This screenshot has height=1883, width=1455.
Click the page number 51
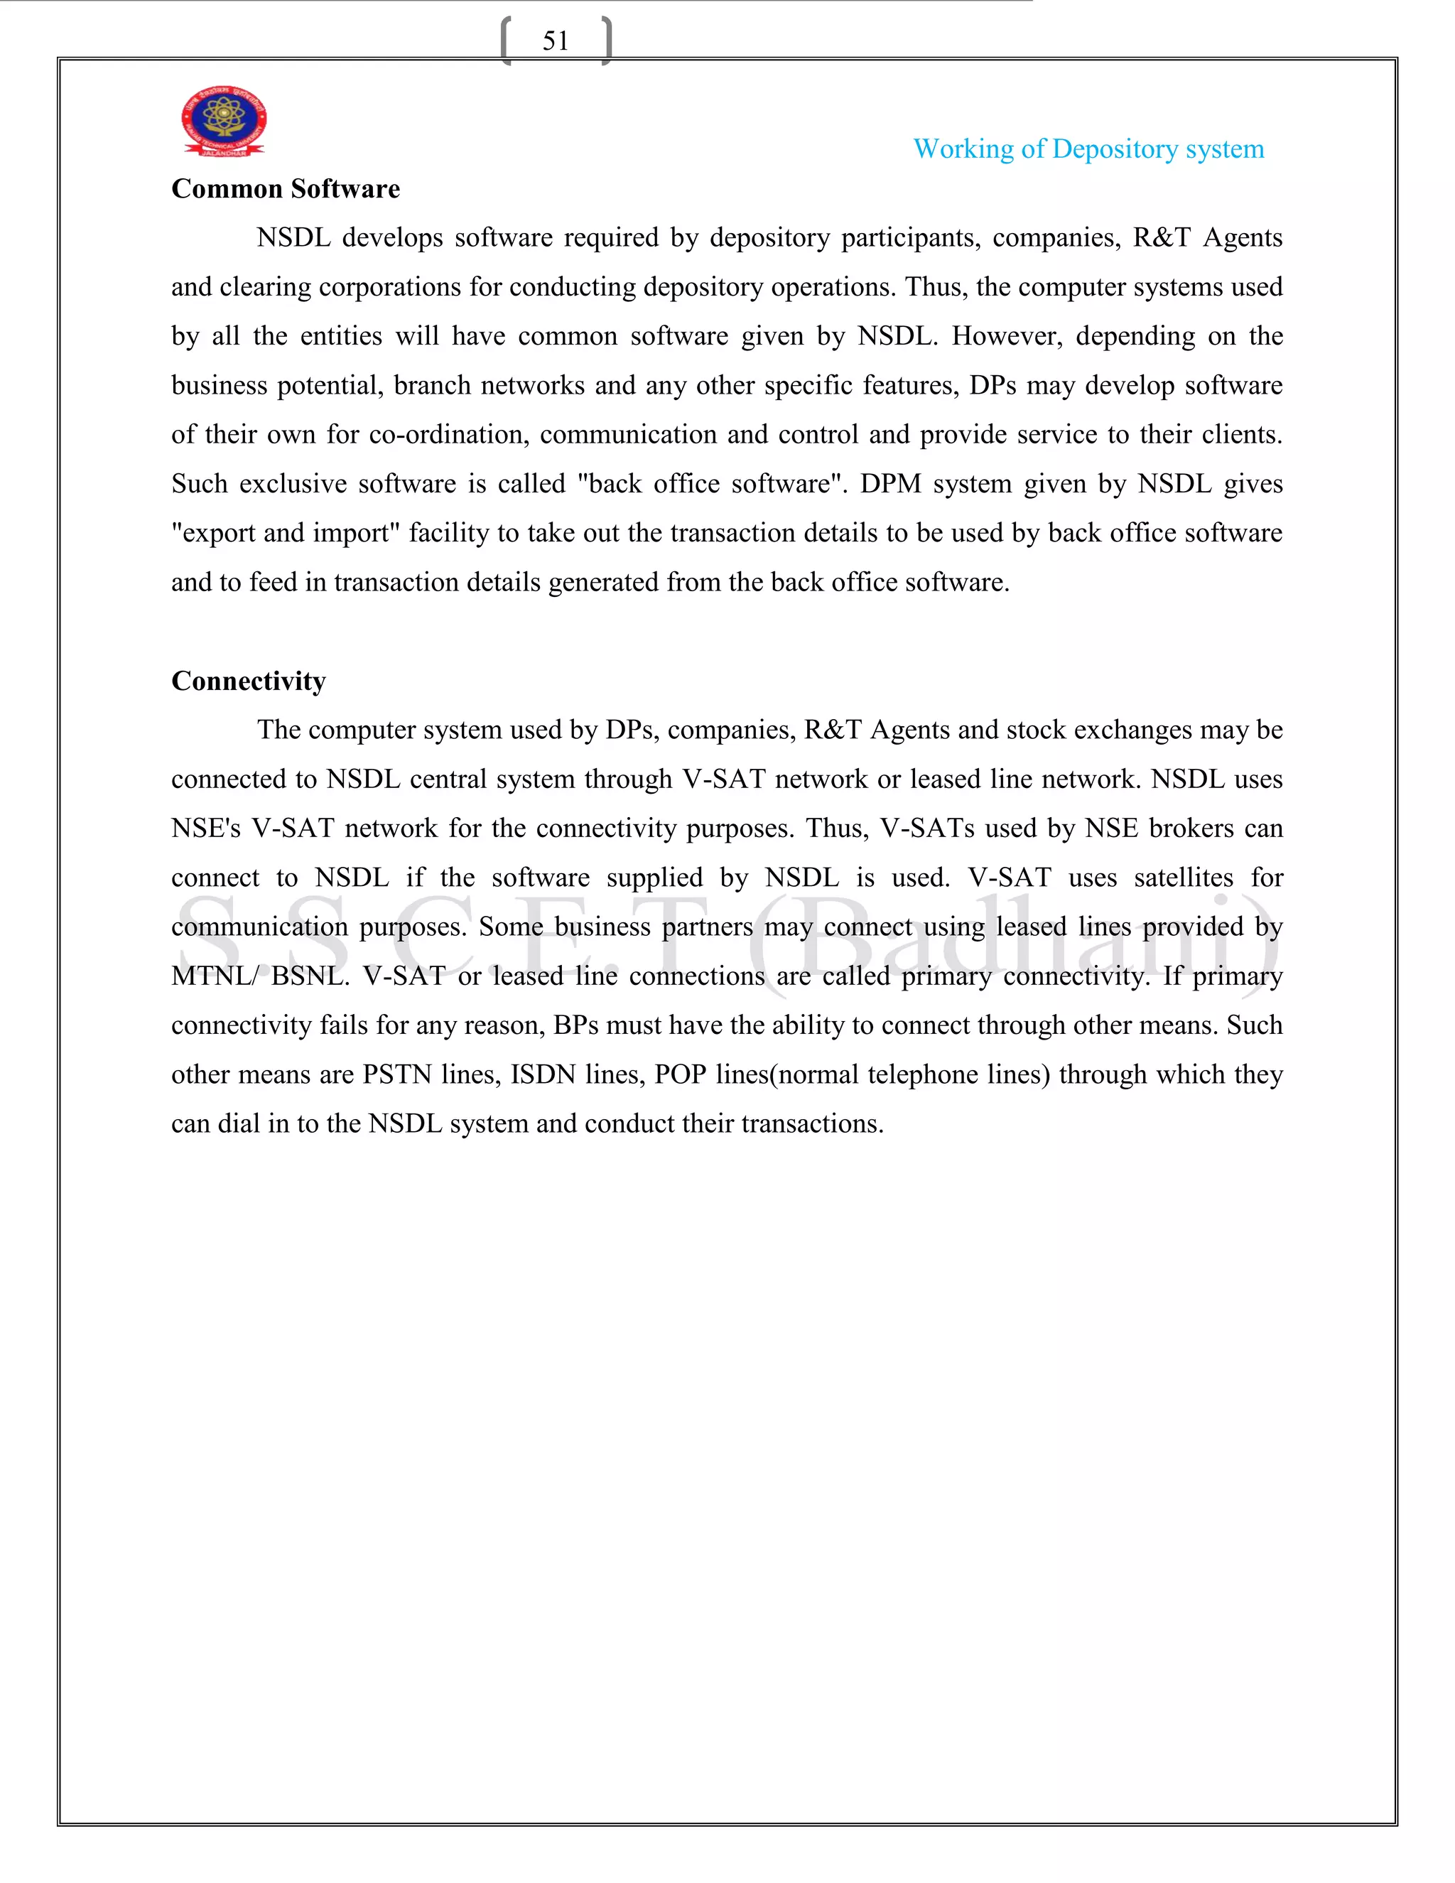point(555,41)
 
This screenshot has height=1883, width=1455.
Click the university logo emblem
point(223,121)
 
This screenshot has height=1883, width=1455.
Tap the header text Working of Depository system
point(1088,149)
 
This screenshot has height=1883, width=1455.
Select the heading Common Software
point(286,189)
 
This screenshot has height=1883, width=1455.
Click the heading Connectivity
point(248,681)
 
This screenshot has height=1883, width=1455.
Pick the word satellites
point(1184,878)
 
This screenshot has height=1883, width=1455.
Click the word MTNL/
point(215,976)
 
